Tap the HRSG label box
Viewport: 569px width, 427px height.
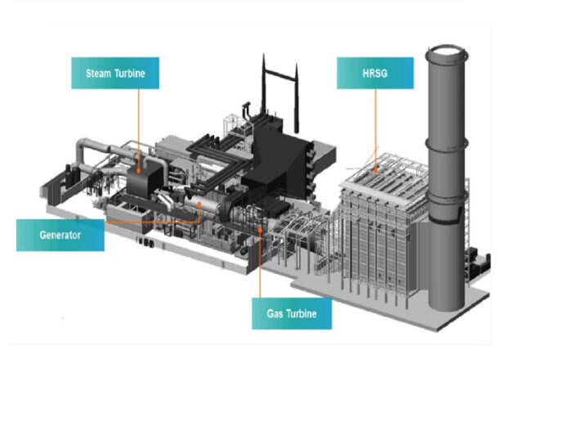(x=375, y=73)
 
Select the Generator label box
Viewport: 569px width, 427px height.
(x=60, y=235)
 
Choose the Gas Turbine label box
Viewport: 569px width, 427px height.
(x=292, y=312)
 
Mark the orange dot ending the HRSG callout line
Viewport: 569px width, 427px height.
(x=376, y=170)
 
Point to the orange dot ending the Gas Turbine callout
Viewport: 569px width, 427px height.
(x=260, y=230)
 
